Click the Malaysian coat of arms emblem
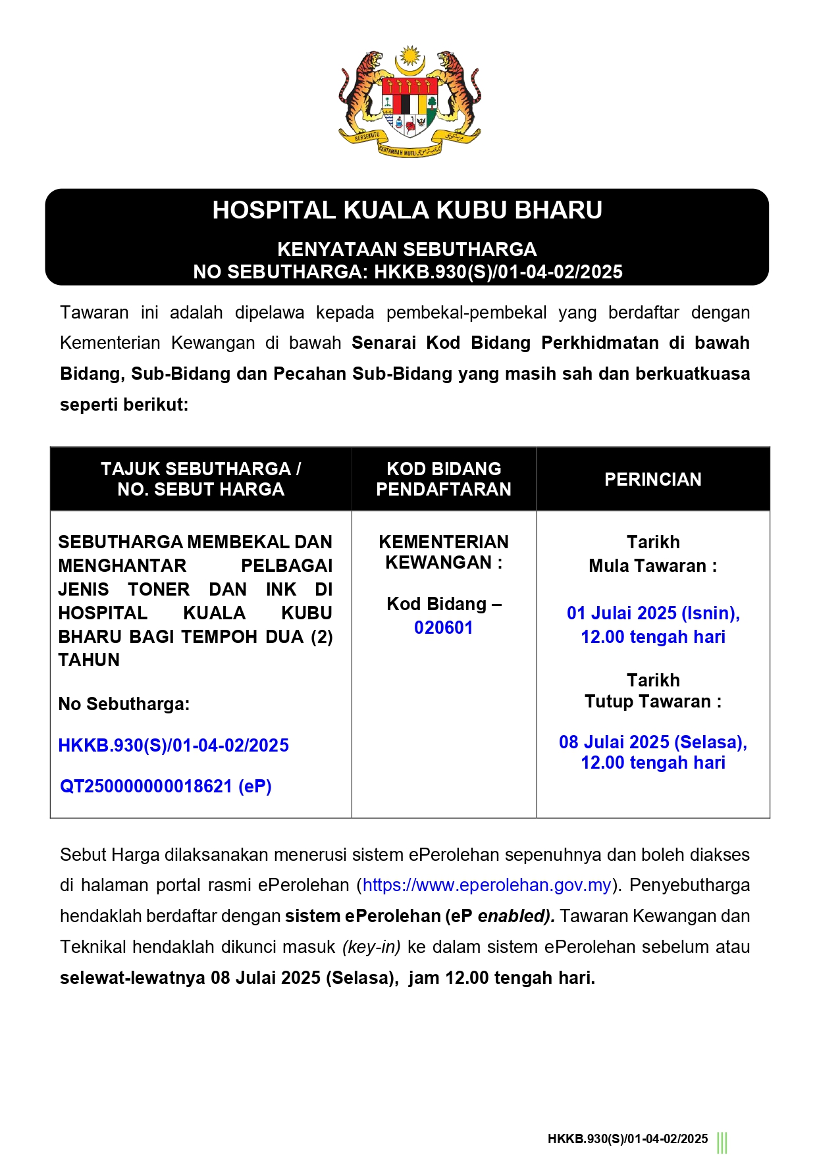[x=409, y=102]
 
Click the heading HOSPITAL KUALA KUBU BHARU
[x=407, y=210]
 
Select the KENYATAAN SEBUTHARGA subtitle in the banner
[x=407, y=249]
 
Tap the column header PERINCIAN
[x=652, y=479]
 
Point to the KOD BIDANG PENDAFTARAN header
[x=443, y=478]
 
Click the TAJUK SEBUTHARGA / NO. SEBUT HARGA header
[x=201, y=478]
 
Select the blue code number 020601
[x=443, y=628]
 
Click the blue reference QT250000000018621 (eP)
[x=166, y=786]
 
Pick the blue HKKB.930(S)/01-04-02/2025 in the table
[x=174, y=746]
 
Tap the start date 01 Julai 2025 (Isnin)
[x=652, y=613]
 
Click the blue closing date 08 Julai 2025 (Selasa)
[x=652, y=742]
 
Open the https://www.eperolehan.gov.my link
[x=487, y=885]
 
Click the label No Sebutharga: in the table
[x=124, y=704]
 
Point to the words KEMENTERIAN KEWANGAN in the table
[x=443, y=552]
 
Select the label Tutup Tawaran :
[x=652, y=702]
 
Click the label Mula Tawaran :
[x=652, y=566]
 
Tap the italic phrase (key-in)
[x=371, y=947]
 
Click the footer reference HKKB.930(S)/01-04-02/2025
[x=627, y=1139]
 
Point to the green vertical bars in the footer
[x=722, y=1142]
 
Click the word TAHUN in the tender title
[x=89, y=660]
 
